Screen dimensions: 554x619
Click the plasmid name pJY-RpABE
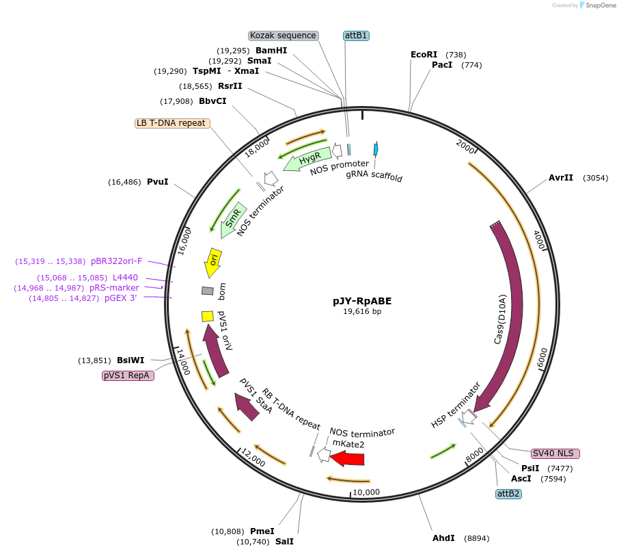click(x=362, y=300)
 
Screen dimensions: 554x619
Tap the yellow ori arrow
click(x=213, y=260)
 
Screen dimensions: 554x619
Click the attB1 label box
click(x=355, y=36)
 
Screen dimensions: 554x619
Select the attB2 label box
click(x=508, y=493)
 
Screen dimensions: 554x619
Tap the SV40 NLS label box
click(x=555, y=453)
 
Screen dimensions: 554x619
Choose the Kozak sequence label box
click(x=283, y=36)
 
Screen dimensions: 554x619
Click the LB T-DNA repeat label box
click(x=171, y=123)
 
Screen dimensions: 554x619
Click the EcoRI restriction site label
click(x=424, y=54)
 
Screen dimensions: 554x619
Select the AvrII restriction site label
click(x=561, y=178)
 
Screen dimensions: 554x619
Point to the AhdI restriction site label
click(x=443, y=538)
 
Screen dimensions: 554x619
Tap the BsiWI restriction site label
click(x=130, y=360)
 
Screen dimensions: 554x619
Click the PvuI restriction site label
click(x=157, y=182)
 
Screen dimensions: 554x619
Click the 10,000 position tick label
click(x=366, y=492)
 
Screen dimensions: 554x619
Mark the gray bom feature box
click(x=208, y=291)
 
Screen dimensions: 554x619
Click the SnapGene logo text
click(x=599, y=5)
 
